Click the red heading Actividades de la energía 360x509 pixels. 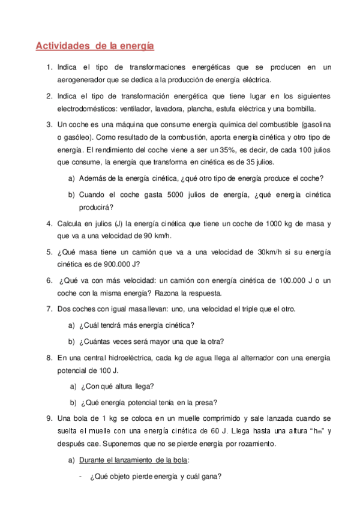pyautogui.click(x=95, y=45)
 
